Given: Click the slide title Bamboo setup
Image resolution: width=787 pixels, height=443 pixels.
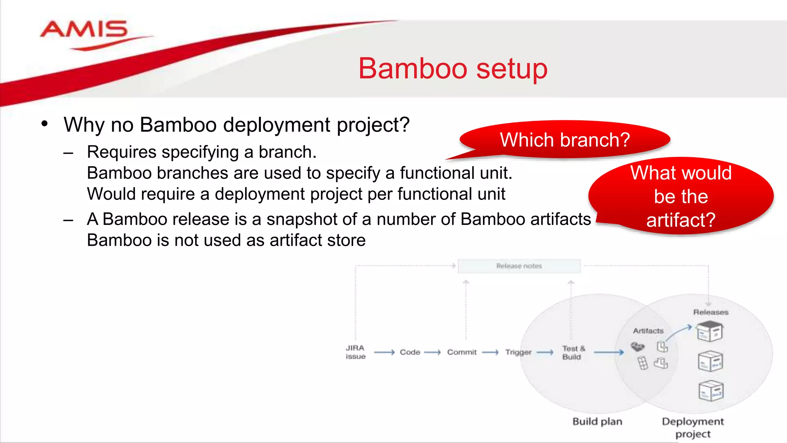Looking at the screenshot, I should (x=453, y=68).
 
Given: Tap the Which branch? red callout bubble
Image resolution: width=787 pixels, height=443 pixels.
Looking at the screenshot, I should (x=565, y=140).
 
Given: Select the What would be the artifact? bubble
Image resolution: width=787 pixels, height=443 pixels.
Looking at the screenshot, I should (x=681, y=196).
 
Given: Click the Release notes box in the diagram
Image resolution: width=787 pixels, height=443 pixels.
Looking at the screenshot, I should (x=519, y=266).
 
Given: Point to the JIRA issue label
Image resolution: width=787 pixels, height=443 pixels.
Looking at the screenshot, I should (x=355, y=352).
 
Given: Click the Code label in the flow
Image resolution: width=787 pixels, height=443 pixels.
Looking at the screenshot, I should (x=410, y=352).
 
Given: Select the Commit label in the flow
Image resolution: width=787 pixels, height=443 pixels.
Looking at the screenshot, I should (x=462, y=352).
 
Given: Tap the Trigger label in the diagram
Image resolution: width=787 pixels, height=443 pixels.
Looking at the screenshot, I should (x=518, y=352).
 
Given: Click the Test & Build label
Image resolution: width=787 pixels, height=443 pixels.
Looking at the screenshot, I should (x=573, y=353).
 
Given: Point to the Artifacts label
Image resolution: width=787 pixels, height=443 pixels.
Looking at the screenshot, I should (x=648, y=331).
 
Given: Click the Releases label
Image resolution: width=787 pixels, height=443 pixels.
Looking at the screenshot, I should (x=711, y=312).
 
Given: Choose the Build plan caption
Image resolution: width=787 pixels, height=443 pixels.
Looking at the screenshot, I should (x=597, y=421).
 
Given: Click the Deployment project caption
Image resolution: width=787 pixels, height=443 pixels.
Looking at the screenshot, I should (x=693, y=427).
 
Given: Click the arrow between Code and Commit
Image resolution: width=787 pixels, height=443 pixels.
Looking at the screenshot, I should (x=432, y=352).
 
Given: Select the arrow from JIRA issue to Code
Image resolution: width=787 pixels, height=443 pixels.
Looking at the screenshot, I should (x=384, y=352).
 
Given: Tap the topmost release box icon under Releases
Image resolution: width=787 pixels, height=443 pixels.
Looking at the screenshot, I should (x=710, y=331).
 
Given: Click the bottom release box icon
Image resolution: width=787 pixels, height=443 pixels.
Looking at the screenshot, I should (x=711, y=391).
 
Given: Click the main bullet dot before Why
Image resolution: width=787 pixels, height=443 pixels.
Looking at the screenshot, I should (x=45, y=124).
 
